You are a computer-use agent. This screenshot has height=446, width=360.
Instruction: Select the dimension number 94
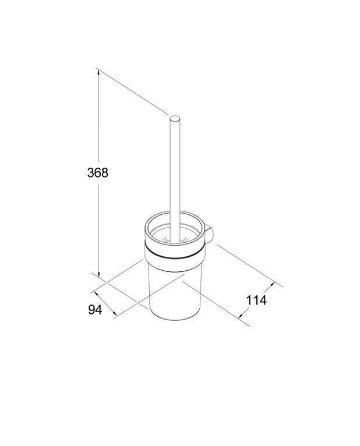[x=95, y=310]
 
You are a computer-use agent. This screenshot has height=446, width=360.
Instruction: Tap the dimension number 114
[x=256, y=300]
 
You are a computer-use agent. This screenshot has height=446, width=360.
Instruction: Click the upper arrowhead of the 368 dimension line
[x=99, y=73]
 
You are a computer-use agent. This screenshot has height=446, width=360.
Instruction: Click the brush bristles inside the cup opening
[x=174, y=239]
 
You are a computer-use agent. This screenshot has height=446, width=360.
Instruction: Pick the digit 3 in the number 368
[x=90, y=172]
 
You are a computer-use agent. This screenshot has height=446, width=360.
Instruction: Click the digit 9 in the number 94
[x=91, y=310]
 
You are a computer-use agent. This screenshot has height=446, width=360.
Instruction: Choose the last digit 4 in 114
[x=263, y=300]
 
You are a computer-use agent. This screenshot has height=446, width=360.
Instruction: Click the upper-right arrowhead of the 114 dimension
[x=271, y=286]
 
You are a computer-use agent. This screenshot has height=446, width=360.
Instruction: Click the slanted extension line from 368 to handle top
[x=134, y=93]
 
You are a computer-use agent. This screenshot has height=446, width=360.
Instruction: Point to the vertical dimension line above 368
[x=99, y=116]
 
